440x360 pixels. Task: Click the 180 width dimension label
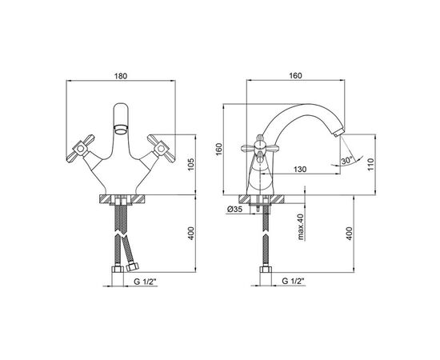tap(121, 76)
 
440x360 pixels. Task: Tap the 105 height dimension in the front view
tap(190, 165)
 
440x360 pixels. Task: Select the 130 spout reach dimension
tap(300, 170)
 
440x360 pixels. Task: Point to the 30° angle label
tap(347, 161)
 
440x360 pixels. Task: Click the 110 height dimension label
tap(370, 165)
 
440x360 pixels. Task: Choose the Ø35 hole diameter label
tap(235, 210)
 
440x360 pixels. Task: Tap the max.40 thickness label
tap(301, 227)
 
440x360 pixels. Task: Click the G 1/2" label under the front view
tap(145, 282)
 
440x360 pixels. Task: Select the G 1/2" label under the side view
tap(294, 281)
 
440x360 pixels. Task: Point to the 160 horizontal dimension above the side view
tap(295, 76)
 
